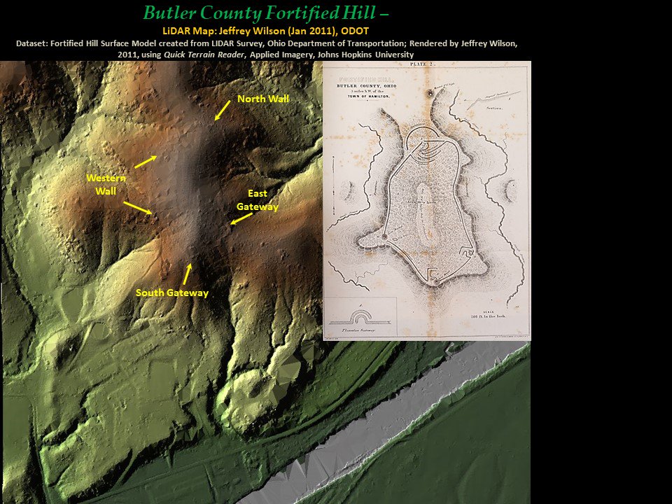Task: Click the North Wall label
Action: (x=262, y=99)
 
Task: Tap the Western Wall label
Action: (x=101, y=184)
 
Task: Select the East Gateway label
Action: (x=257, y=199)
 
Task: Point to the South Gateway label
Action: (x=172, y=293)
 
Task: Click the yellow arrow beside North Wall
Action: (x=223, y=110)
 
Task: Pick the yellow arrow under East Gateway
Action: (x=241, y=219)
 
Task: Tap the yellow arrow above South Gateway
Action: (x=187, y=273)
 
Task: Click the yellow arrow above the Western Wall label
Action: (x=145, y=161)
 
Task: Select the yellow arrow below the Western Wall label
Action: (x=137, y=207)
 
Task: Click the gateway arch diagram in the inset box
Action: (x=358, y=314)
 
